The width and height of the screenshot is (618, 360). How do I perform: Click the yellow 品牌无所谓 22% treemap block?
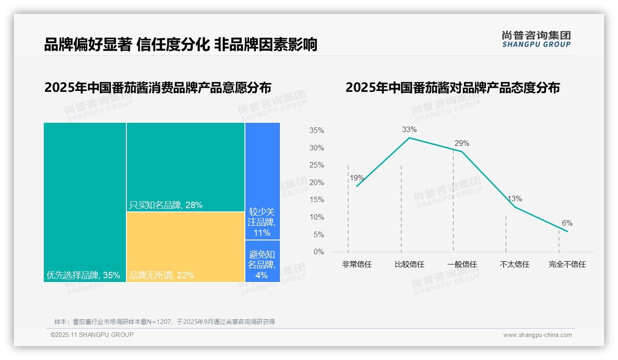point(185,247)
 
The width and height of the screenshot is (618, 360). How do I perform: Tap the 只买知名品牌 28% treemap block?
point(185,167)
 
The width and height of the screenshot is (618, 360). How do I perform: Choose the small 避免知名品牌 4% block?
point(262,261)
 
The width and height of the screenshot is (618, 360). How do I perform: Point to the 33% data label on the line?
point(409,130)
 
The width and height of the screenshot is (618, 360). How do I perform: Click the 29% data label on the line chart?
point(462,144)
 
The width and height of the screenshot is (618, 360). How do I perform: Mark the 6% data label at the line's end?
point(567,223)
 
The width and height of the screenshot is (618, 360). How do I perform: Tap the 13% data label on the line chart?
point(514,199)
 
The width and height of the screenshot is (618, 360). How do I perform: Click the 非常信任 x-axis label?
point(357,265)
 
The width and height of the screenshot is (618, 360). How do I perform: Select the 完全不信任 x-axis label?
point(567,265)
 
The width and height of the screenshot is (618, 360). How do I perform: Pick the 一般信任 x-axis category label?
point(462,265)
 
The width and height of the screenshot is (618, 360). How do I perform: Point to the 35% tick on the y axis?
point(316,131)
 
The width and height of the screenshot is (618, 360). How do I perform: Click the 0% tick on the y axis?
point(319,252)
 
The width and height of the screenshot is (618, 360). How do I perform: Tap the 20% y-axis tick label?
point(316,183)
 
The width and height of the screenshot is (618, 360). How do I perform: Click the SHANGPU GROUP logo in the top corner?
point(536,39)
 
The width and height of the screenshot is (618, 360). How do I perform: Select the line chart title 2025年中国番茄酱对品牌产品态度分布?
point(452,88)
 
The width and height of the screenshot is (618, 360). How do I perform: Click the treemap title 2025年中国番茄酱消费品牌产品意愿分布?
point(158,88)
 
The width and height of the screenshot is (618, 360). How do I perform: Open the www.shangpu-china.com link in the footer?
point(537,335)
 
